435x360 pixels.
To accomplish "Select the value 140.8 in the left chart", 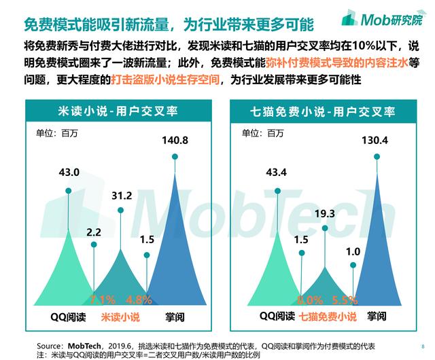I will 175,141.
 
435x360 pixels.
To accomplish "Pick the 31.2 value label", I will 122,196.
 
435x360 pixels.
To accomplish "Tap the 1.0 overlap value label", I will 353,251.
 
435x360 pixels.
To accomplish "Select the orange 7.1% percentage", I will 103,300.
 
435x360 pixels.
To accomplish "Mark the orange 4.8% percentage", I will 139,300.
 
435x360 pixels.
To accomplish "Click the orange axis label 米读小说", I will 121,317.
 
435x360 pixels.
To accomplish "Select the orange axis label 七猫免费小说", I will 328,317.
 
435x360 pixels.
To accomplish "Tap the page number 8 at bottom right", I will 422,344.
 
